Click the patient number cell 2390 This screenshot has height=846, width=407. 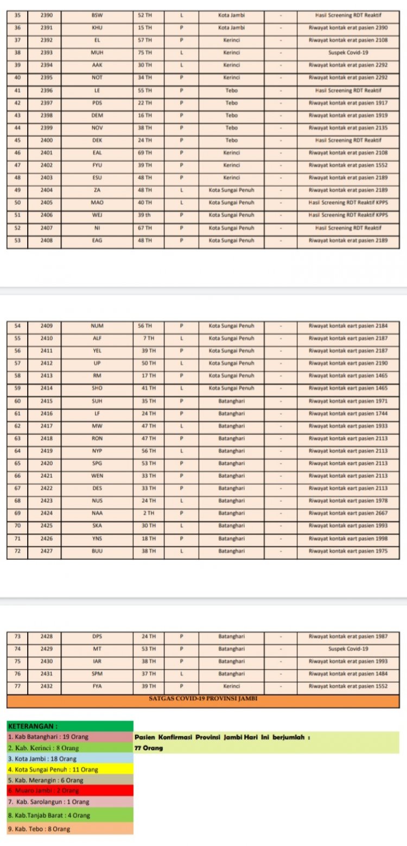(x=46, y=15)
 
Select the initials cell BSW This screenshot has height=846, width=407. (x=97, y=15)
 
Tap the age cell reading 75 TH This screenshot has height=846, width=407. (x=145, y=53)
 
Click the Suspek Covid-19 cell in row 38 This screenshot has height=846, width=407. (x=348, y=53)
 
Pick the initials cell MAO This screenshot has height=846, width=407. (x=97, y=203)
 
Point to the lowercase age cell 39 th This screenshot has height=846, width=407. (x=145, y=215)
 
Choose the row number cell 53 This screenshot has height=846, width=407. (x=17, y=240)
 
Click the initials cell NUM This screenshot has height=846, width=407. (x=97, y=326)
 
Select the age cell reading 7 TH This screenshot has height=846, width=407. (x=149, y=338)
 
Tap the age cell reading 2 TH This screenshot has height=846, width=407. (x=149, y=513)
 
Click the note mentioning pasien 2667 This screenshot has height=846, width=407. (x=348, y=513)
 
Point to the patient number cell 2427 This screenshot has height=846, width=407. (x=46, y=551)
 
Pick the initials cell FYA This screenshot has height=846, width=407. (x=97, y=686)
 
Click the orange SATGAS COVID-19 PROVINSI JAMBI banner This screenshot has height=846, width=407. (x=203, y=699)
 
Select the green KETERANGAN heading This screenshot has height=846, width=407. (x=69, y=725)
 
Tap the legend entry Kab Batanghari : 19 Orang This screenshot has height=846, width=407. (x=69, y=737)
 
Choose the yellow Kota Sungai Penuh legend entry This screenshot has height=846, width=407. (x=69, y=769)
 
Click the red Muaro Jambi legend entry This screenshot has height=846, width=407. (x=69, y=790)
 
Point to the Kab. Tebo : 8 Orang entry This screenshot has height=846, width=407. (x=69, y=829)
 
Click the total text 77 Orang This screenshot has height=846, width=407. (x=149, y=748)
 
